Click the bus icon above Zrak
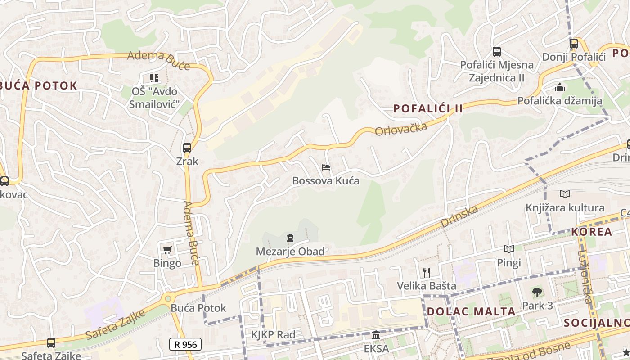pyautogui.click(x=187, y=148)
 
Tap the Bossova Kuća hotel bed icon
pyautogui.click(x=326, y=167)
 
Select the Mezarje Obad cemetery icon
pyautogui.click(x=290, y=238)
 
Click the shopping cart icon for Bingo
pyautogui.click(x=167, y=250)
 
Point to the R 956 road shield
pyautogui.click(x=185, y=344)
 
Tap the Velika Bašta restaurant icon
pyautogui.click(x=427, y=272)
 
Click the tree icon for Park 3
pyautogui.click(x=537, y=292)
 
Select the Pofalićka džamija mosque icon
pyautogui.click(x=560, y=87)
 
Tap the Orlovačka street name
pyautogui.click(x=400, y=129)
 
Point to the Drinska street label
pyautogui.click(x=459, y=216)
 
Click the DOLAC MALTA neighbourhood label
pyautogui.click(x=471, y=311)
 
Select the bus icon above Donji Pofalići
pyautogui.click(x=573, y=44)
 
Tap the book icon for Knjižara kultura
pyautogui.click(x=565, y=194)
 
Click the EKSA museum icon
pyautogui.click(x=376, y=335)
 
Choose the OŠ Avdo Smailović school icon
pyautogui.click(x=154, y=78)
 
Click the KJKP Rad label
pyautogui.click(x=273, y=335)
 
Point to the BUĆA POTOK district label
pyautogui.click(x=39, y=85)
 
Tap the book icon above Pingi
pyautogui.click(x=509, y=249)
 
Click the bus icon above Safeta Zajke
pyautogui.click(x=51, y=343)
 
